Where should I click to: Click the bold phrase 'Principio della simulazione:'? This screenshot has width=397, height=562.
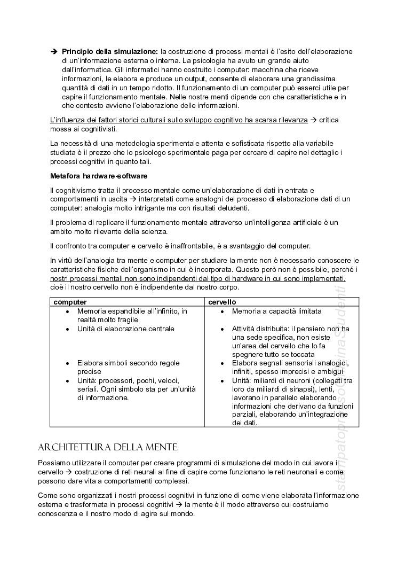pos(110,51)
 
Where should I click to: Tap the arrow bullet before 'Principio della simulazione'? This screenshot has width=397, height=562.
pos(53,51)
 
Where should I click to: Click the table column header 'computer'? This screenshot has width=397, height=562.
pos(70,302)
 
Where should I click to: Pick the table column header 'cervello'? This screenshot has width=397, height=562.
pos(222,302)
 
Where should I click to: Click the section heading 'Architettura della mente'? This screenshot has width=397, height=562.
pos(108,447)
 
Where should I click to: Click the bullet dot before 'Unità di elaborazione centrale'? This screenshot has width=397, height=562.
pos(67,329)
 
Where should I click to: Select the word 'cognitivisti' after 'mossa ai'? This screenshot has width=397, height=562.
pos(98,129)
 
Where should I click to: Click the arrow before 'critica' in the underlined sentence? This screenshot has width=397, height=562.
pos(314,120)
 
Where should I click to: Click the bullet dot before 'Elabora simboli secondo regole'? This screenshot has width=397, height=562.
pos(67,363)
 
